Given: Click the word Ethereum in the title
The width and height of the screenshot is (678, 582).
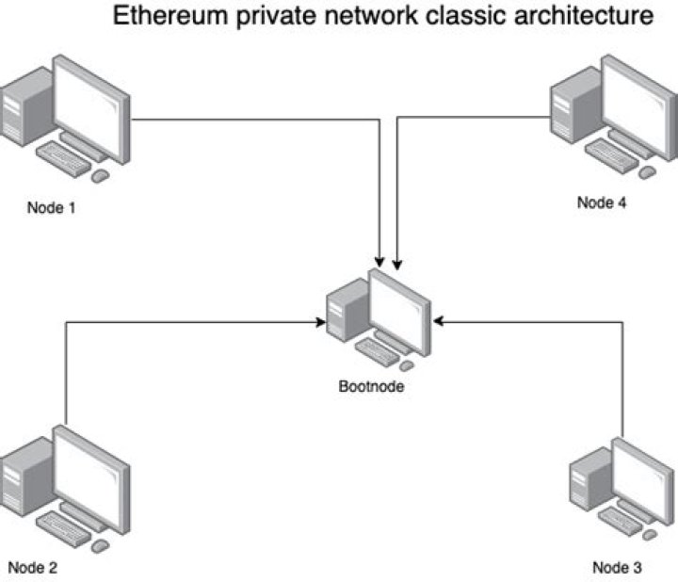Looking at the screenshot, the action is [169, 15].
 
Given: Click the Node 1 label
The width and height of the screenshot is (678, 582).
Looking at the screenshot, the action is [52, 207].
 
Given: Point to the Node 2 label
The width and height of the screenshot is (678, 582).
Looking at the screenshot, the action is [32, 567].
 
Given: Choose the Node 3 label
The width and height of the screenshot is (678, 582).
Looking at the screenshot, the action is [617, 567].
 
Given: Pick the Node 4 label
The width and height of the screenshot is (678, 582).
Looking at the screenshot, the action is [602, 202].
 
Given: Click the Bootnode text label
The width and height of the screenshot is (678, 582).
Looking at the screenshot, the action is [371, 386].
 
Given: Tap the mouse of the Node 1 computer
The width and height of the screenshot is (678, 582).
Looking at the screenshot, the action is [101, 176].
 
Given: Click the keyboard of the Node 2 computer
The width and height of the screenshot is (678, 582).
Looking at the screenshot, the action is [64, 529].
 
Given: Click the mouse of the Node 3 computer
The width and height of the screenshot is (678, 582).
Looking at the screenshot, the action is [650, 535].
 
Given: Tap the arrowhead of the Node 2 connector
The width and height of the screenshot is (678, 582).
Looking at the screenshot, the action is [320, 322].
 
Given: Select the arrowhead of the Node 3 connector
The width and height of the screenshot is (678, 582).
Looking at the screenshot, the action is [439, 321].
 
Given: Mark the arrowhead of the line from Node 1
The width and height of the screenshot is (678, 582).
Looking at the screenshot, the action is [379, 263].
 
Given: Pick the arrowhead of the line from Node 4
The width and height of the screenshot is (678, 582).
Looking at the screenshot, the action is [397, 265].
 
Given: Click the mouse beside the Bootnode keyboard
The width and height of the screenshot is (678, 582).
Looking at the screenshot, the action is [407, 366].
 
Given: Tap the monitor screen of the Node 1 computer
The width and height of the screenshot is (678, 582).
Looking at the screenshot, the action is [89, 108].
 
